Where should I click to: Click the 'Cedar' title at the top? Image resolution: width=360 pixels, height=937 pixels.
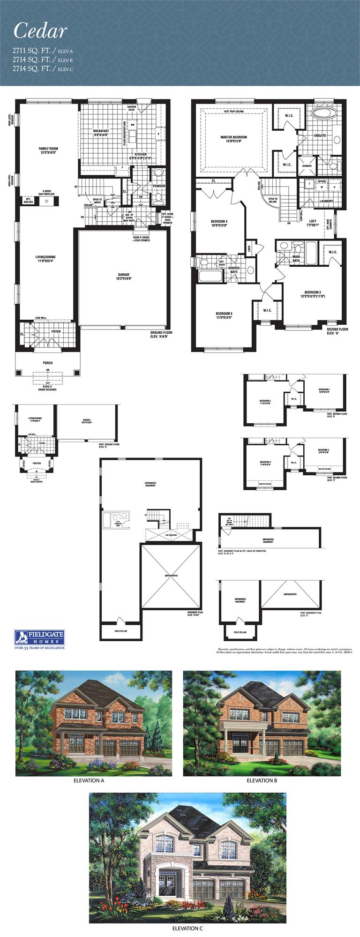coord(40,31)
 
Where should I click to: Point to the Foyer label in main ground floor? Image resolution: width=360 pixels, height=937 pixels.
coord(56,331)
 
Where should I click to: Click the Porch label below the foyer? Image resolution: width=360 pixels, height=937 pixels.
coord(47,363)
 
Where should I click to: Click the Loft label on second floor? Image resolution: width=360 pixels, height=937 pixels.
coord(313,223)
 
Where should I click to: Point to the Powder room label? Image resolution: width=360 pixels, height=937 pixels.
coord(158,186)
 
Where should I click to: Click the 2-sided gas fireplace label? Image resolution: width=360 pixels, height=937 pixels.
coord(47,193)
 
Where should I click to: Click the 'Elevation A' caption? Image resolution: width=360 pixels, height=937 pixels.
coord(89,780)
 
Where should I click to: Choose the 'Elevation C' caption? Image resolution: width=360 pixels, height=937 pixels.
coord(187,928)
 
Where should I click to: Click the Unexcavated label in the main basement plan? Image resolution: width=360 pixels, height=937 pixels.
coord(171,575)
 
